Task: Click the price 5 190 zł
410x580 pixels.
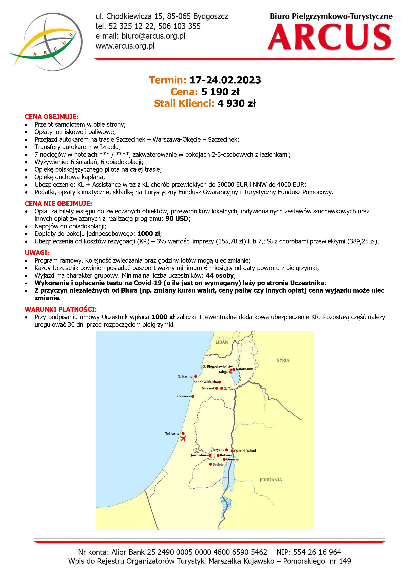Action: [x=220, y=92]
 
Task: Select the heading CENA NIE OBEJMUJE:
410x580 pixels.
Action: [x=58, y=204]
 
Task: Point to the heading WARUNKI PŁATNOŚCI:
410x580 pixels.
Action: [x=61, y=309]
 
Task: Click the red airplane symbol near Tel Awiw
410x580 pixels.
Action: [x=183, y=438]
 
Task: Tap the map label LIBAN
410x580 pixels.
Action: [x=222, y=342]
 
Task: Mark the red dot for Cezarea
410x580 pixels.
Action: [x=193, y=396]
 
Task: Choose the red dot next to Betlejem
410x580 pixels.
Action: [x=210, y=464]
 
